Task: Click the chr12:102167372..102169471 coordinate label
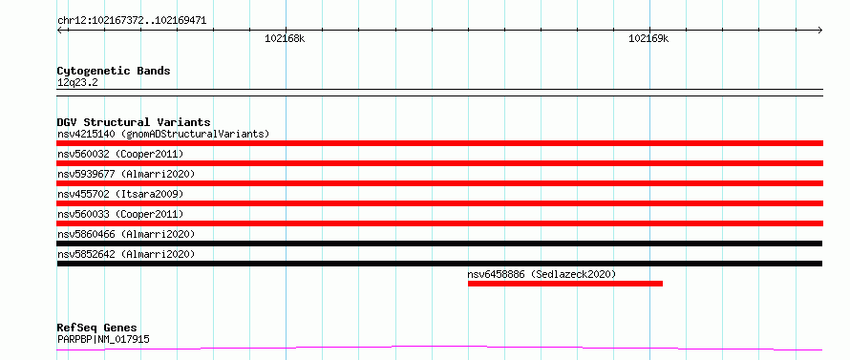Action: pos(132,21)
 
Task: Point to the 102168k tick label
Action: pos(286,38)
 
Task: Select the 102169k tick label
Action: pos(648,38)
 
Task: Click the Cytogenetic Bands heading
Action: pos(114,71)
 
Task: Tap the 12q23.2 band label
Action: pos(77,83)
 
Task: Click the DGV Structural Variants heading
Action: pos(134,122)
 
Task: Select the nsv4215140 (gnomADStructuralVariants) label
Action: pos(163,134)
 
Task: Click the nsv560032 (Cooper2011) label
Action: pos(120,154)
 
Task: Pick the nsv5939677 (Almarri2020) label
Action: pos(126,174)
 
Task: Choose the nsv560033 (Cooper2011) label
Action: pos(120,214)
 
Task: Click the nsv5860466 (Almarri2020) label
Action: pos(126,234)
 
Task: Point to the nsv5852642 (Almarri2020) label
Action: pos(126,254)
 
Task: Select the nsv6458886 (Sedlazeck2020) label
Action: pos(542,274)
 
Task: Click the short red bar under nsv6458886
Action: pos(565,284)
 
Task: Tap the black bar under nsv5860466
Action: pos(439,244)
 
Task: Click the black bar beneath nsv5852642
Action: pos(439,264)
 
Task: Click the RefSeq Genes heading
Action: pos(97,328)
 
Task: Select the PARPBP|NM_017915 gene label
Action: pos(103,340)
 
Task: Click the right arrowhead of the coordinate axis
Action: pos(821,30)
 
